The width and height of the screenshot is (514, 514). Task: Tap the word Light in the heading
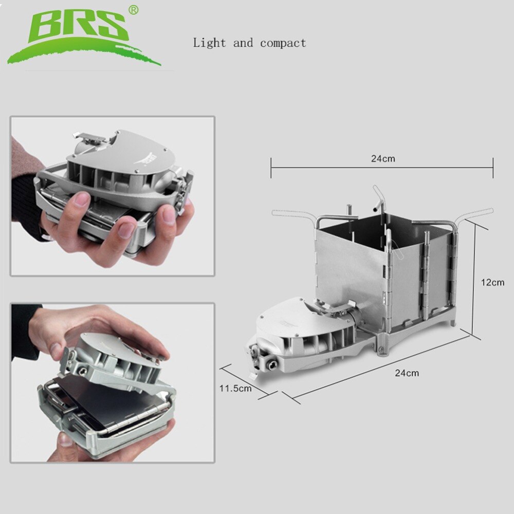pos(209,43)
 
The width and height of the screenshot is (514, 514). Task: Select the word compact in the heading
pos(283,43)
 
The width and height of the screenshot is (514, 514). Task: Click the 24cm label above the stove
pos(383,158)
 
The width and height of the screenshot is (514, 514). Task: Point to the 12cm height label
pos(492,282)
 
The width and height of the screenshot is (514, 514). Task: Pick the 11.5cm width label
pos(235,388)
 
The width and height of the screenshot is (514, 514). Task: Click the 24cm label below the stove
pos(407,373)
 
